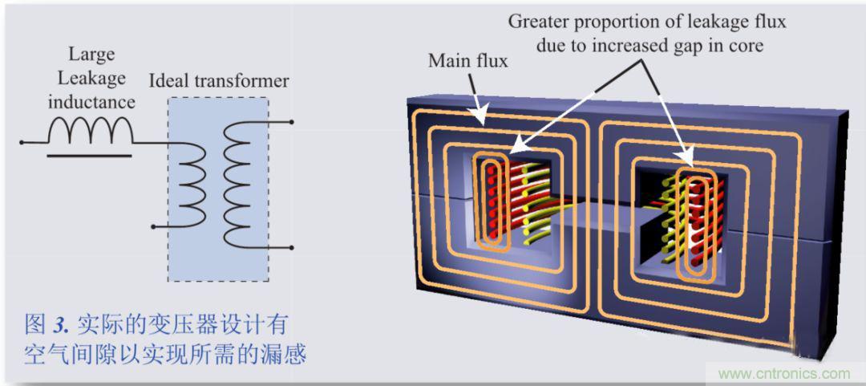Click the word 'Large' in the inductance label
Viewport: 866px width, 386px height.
[91, 55]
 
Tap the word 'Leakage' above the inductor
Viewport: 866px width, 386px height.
[91, 78]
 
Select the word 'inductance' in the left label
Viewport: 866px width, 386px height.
[91, 102]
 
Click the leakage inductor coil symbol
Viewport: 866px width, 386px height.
[90, 130]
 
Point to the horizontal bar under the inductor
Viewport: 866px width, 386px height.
[89, 154]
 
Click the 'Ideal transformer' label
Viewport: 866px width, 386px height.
[219, 81]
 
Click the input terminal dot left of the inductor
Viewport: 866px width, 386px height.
[22, 143]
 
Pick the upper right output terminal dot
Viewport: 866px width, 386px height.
[291, 123]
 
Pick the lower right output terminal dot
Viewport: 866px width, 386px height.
[291, 248]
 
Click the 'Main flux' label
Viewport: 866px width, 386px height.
[467, 61]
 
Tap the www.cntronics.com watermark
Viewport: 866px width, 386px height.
[783, 373]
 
